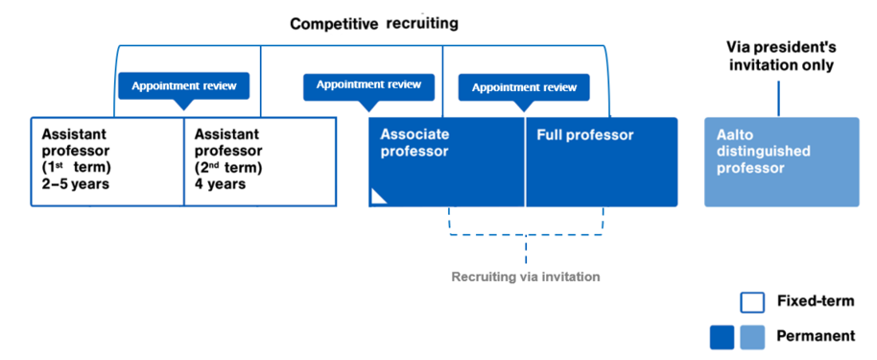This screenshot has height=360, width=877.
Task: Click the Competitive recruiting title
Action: [373, 23]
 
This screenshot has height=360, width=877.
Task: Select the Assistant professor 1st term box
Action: [107, 161]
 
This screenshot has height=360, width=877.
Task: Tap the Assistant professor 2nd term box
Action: [260, 161]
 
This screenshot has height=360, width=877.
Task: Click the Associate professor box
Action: [446, 161]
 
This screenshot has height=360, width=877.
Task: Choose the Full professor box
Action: [601, 161]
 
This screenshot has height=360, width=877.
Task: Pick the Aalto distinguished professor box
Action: [782, 161]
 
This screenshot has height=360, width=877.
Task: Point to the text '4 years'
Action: [220, 183]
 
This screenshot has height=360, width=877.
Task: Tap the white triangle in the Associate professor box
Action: [378, 197]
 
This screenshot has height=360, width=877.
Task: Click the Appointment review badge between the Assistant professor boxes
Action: [183, 85]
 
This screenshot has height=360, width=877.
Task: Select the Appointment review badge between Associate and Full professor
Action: [523, 87]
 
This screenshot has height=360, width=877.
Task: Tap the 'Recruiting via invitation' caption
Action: [526, 276]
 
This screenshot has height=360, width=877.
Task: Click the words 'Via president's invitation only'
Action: [779, 56]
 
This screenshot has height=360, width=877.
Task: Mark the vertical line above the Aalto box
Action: [778, 99]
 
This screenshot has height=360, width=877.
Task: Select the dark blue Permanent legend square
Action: [721, 336]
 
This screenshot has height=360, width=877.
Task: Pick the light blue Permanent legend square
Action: [752, 336]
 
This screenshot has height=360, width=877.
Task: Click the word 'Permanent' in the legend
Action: [816, 336]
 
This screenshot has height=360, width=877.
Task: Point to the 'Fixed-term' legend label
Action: [815, 301]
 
